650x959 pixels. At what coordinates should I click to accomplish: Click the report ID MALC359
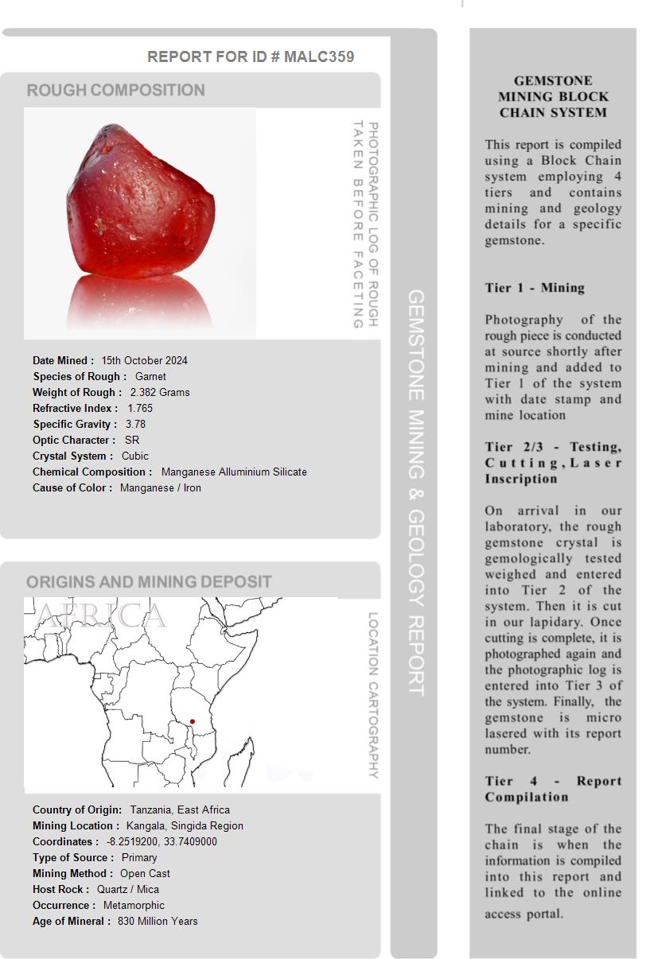pos(318,57)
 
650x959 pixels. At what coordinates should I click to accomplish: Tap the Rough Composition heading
pos(116,91)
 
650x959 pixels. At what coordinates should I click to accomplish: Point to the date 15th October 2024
pos(144,360)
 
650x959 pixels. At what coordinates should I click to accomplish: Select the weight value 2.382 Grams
pos(160,392)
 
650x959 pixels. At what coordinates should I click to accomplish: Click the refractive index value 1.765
pos(140,408)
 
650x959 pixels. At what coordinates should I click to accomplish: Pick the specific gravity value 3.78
pos(135,424)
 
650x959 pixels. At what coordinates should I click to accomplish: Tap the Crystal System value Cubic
pos(135,456)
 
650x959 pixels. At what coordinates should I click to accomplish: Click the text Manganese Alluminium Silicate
pos(234,472)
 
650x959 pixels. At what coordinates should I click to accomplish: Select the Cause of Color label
pos(72,487)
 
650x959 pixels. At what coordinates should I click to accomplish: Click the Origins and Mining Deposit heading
pos(150,582)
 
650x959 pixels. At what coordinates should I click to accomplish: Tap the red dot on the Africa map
pos(193,722)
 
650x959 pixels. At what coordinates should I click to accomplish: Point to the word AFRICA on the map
pos(101,615)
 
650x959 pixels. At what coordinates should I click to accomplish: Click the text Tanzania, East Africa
pos(180,810)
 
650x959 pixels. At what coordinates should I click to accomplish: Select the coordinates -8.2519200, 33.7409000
pos(162,841)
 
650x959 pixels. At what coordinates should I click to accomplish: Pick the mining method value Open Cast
pos(145,873)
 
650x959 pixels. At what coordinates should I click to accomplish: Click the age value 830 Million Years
pos(158,921)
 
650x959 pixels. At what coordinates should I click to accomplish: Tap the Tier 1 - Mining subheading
pos(535,288)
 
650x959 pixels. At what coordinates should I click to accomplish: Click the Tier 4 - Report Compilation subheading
pos(553,789)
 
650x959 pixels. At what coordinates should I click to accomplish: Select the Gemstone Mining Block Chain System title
pos(553,96)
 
